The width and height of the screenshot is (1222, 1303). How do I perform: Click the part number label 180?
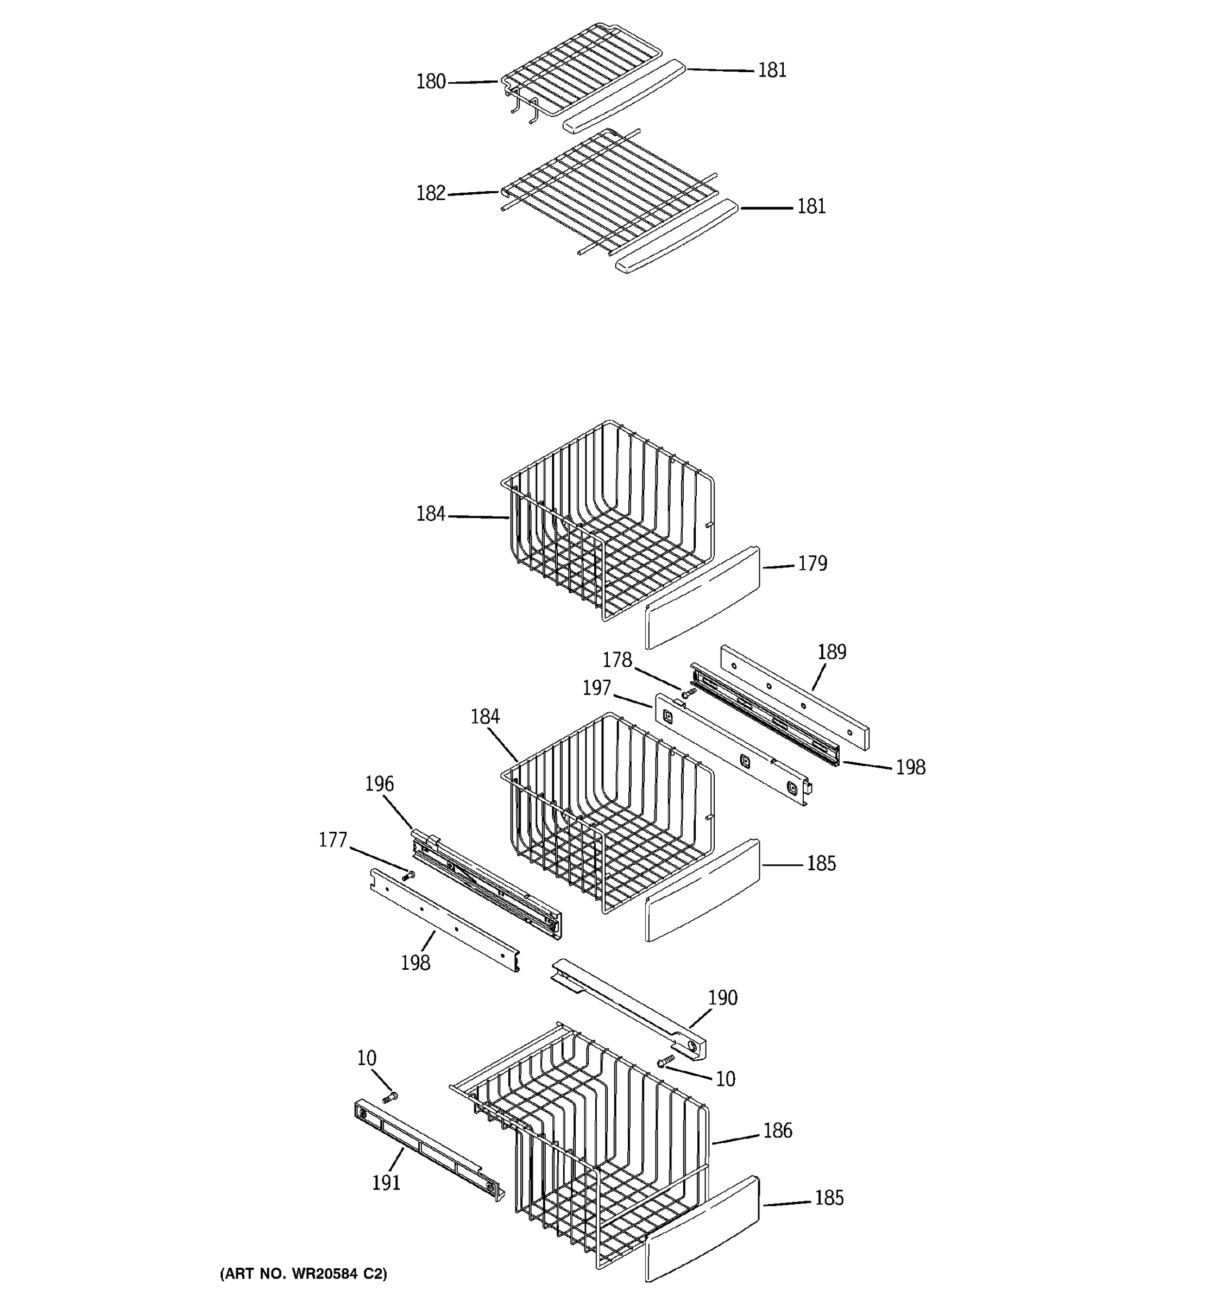pos(431,82)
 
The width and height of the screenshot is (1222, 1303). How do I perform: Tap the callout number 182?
pos(431,193)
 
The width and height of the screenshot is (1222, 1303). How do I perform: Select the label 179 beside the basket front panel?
pos(812,564)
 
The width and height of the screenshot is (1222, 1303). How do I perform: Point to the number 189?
pos(832,652)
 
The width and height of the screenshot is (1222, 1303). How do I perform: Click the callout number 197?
pos(596,688)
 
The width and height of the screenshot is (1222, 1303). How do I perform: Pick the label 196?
pos(380,784)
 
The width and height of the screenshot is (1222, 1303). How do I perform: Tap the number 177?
pos(332,840)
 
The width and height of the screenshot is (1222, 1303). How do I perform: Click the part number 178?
pos(617,660)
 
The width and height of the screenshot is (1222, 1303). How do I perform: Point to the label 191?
pos(386,1183)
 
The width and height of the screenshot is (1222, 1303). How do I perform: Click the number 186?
pos(778,1130)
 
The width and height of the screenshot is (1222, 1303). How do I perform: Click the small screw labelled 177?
pos(409,874)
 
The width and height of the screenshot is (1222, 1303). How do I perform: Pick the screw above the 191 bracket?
pos(390,1096)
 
